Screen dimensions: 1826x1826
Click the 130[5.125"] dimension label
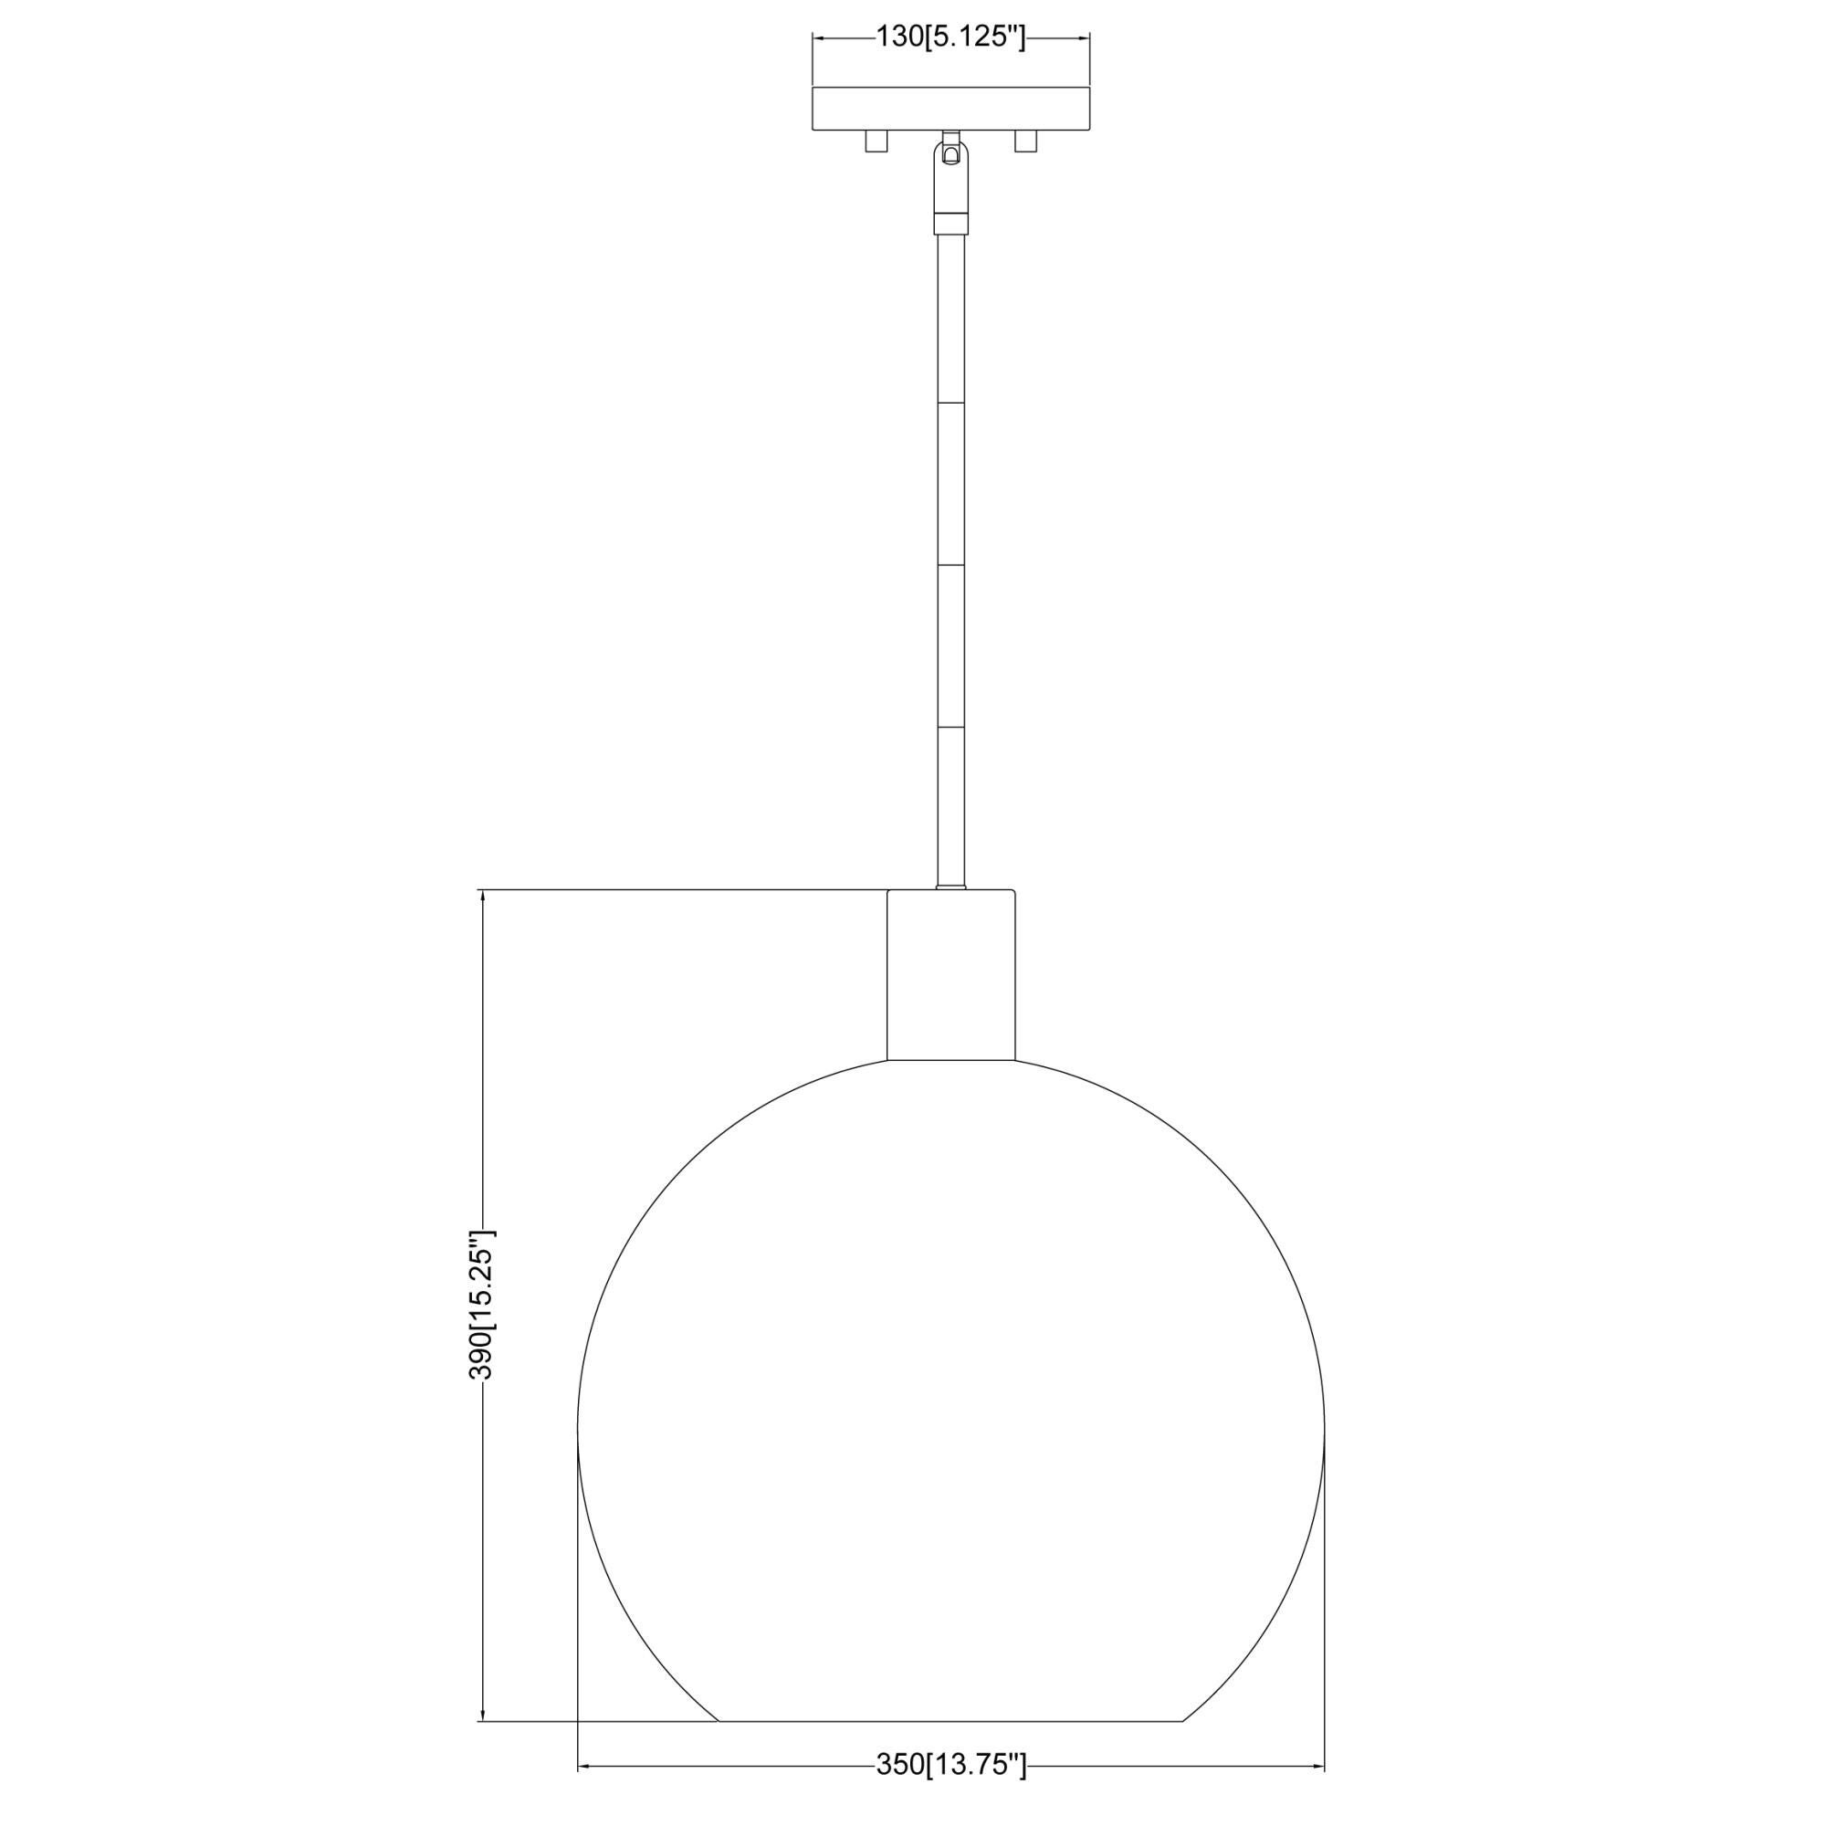pos(950,37)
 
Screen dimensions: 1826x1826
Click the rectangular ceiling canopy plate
pos(950,109)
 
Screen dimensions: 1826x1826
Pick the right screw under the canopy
pos(1024,141)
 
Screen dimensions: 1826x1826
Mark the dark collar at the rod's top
pos(950,223)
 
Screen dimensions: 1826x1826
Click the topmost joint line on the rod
pos(950,404)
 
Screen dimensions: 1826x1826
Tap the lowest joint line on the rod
pos(950,728)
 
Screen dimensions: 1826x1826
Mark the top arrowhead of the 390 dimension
pos(483,897)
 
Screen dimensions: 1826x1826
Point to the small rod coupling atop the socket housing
pos(950,887)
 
